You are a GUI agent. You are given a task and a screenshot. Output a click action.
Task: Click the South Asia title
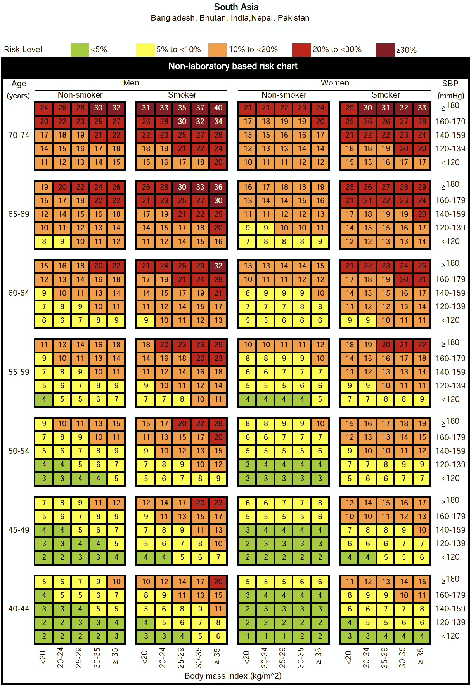[236, 7]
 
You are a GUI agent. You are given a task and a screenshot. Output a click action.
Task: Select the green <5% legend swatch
[80, 50]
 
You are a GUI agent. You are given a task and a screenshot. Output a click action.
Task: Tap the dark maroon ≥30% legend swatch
[385, 50]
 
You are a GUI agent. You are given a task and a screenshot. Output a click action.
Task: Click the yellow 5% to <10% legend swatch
[145, 50]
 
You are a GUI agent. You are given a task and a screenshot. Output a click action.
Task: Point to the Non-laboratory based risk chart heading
[233, 66]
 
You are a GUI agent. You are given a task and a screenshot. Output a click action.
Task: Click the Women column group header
[335, 83]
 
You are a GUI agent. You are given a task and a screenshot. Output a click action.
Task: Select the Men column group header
[131, 83]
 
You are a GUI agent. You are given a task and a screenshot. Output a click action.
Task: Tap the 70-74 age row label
[19, 135]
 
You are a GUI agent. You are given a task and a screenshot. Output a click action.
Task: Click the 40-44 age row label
[19, 609]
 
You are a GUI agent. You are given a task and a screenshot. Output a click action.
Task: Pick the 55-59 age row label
[19, 372]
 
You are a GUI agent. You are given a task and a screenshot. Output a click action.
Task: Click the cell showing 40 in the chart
[218, 108]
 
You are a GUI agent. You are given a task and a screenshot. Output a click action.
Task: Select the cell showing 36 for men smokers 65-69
[218, 187]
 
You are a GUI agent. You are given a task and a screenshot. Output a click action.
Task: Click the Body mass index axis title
[233, 676]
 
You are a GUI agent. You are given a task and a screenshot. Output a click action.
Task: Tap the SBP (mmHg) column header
[450, 89]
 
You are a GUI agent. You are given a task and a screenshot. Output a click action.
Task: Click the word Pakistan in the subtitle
[294, 18]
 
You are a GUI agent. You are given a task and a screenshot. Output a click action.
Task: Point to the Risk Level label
[23, 49]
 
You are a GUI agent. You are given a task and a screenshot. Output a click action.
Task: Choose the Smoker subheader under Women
[386, 95]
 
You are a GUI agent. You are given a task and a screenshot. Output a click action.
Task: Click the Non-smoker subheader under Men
[80, 95]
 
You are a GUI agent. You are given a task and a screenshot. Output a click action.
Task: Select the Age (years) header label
[18, 89]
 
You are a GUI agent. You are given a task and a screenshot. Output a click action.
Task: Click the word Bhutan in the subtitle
[213, 18]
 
